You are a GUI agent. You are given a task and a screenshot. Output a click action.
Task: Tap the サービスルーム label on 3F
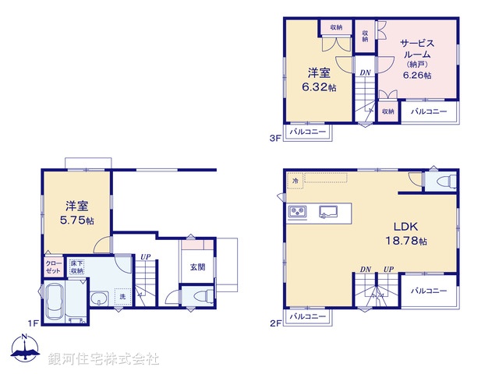tap(416, 50)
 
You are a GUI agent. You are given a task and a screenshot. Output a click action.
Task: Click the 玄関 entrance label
tap(199, 267)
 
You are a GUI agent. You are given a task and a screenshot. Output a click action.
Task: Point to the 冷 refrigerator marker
tap(296, 181)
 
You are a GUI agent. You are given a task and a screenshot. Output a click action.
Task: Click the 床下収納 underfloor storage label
tap(76, 266)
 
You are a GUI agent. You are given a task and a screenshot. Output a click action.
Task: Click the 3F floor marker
tap(274, 139)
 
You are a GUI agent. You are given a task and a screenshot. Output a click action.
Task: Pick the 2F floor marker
tap(274, 320)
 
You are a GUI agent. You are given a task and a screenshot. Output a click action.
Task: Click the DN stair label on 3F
tap(364, 73)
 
